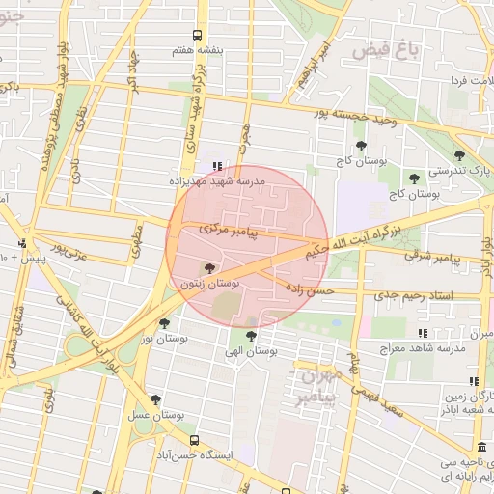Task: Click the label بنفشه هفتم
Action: tap(198, 47)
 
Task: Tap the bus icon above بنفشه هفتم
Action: tap(198, 34)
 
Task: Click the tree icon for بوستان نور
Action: tap(164, 324)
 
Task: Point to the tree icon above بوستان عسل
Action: tap(155, 400)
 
